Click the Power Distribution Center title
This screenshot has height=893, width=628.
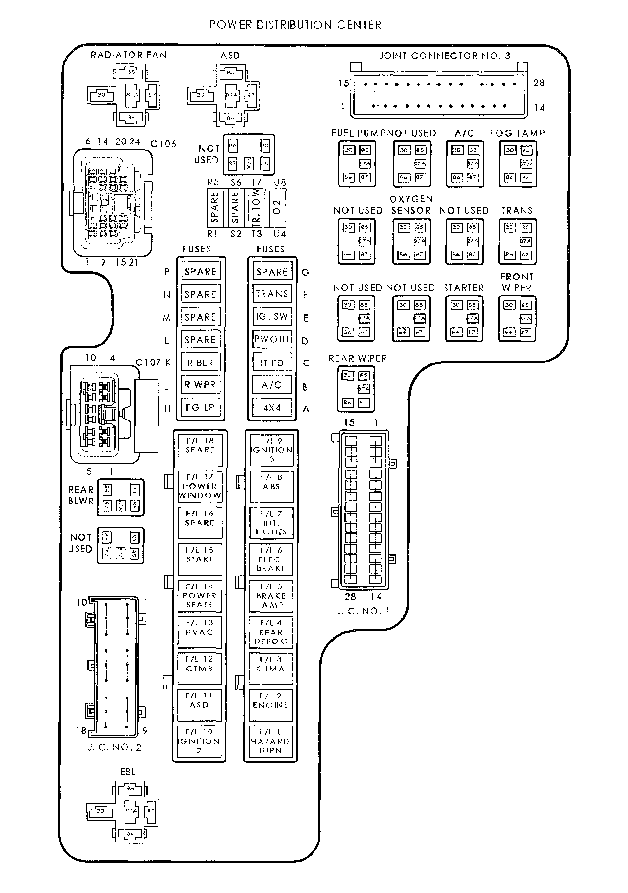[295, 25]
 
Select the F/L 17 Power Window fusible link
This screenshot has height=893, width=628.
[200, 486]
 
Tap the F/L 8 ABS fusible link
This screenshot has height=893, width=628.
[271, 482]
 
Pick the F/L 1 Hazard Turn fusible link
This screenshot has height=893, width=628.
[270, 742]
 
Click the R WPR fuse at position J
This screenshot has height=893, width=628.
[200, 385]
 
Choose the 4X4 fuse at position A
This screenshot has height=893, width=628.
[272, 407]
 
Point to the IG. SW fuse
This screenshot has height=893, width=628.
[272, 317]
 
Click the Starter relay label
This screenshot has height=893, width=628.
[464, 288]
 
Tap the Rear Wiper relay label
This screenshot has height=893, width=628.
[358, 358]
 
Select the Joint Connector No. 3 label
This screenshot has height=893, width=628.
[444, 56]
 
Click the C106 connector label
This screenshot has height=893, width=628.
[163, 144]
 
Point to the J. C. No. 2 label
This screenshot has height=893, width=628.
[115, 748]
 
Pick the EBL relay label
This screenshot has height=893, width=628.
[128, 772]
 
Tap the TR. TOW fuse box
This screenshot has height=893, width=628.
[257, 208]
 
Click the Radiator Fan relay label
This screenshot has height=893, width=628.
[129, 55]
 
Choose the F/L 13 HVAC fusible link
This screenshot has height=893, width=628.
[199, 628]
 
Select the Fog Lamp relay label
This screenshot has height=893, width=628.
[517, 133]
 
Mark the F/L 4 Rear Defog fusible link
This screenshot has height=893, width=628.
[271, 632]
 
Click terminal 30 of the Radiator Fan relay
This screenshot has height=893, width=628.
[101, 94]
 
